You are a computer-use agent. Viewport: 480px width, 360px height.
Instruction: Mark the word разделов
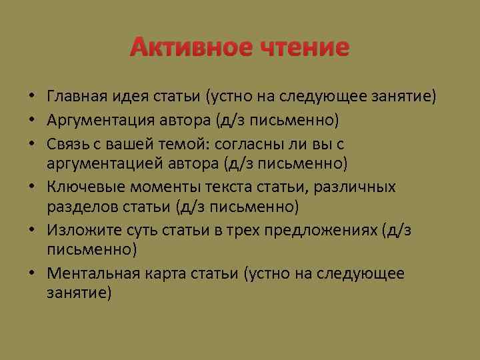tap(78, 207)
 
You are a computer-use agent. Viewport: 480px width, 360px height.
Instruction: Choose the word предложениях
tap(323, 230)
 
